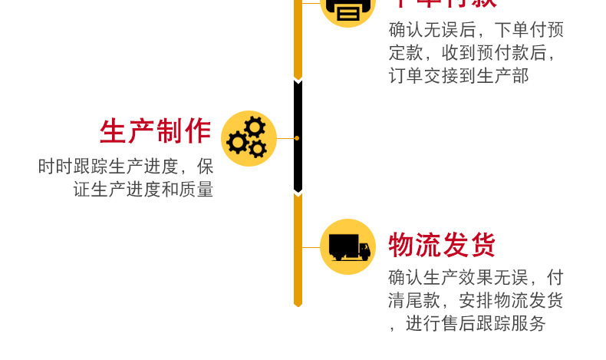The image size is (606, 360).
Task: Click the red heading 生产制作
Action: click(x=156, y=131)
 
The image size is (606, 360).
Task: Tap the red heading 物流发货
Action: click(x=442, y=246)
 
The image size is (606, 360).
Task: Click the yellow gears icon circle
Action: click(x=249, y=138)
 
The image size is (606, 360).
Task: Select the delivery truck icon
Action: click(x=348, y=246)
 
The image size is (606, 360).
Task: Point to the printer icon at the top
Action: click(x=347, y=9)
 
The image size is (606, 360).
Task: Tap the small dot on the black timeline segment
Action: click(x=297, y=138)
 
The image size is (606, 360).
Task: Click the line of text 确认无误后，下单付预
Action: click(x=476, y=30)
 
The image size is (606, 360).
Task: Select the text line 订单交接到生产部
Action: click(x=459, y=77)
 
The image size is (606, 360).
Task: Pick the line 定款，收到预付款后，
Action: click(x=471, y=54)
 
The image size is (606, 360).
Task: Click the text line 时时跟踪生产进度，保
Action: click(x=126, y=167)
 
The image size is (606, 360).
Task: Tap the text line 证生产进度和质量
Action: click(x=143, y=190)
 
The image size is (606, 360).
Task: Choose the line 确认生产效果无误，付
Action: click(x=476, y=277)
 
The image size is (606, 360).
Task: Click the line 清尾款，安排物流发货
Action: click(x=476, y=300)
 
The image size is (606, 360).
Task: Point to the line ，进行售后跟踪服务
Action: click(x=467, y=324)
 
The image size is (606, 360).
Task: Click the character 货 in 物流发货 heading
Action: click(x=482, y=246)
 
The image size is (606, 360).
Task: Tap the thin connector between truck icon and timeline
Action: click(x=311, y=247)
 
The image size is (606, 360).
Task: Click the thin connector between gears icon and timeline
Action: click(x=285, y=138)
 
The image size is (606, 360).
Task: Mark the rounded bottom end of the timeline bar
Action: click(x=298, y=303)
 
